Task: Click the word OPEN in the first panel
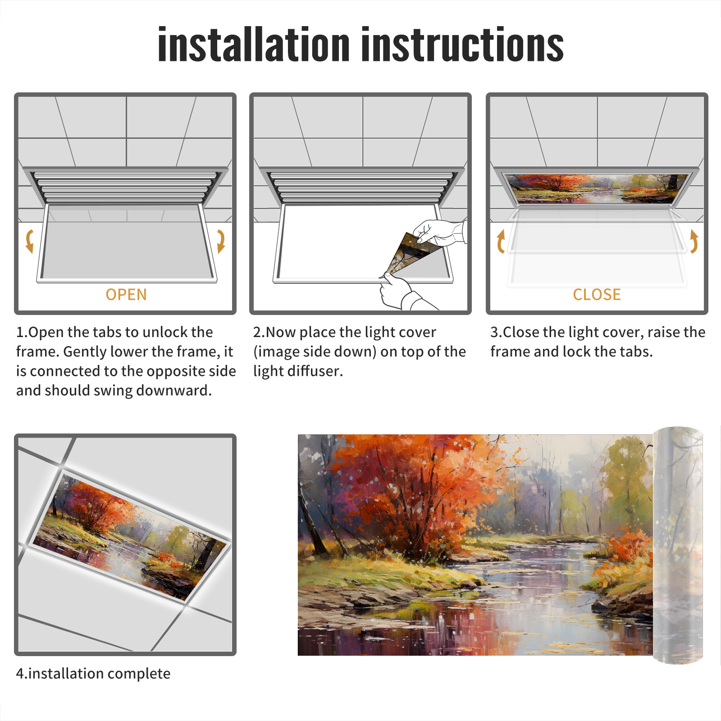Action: tap(126, 295)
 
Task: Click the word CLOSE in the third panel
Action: tap(597, 295)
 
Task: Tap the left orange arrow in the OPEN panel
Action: tap(29, 241)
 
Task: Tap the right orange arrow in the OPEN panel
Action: tap(221, 241)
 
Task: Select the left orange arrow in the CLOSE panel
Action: tap(500, 242)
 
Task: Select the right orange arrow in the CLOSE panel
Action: tap(694, 242)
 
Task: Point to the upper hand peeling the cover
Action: tap(439, 233)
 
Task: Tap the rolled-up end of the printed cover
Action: tap(678, 545)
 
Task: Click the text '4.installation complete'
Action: tap(93, 673)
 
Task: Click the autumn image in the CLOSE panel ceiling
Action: tap(597, 188)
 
